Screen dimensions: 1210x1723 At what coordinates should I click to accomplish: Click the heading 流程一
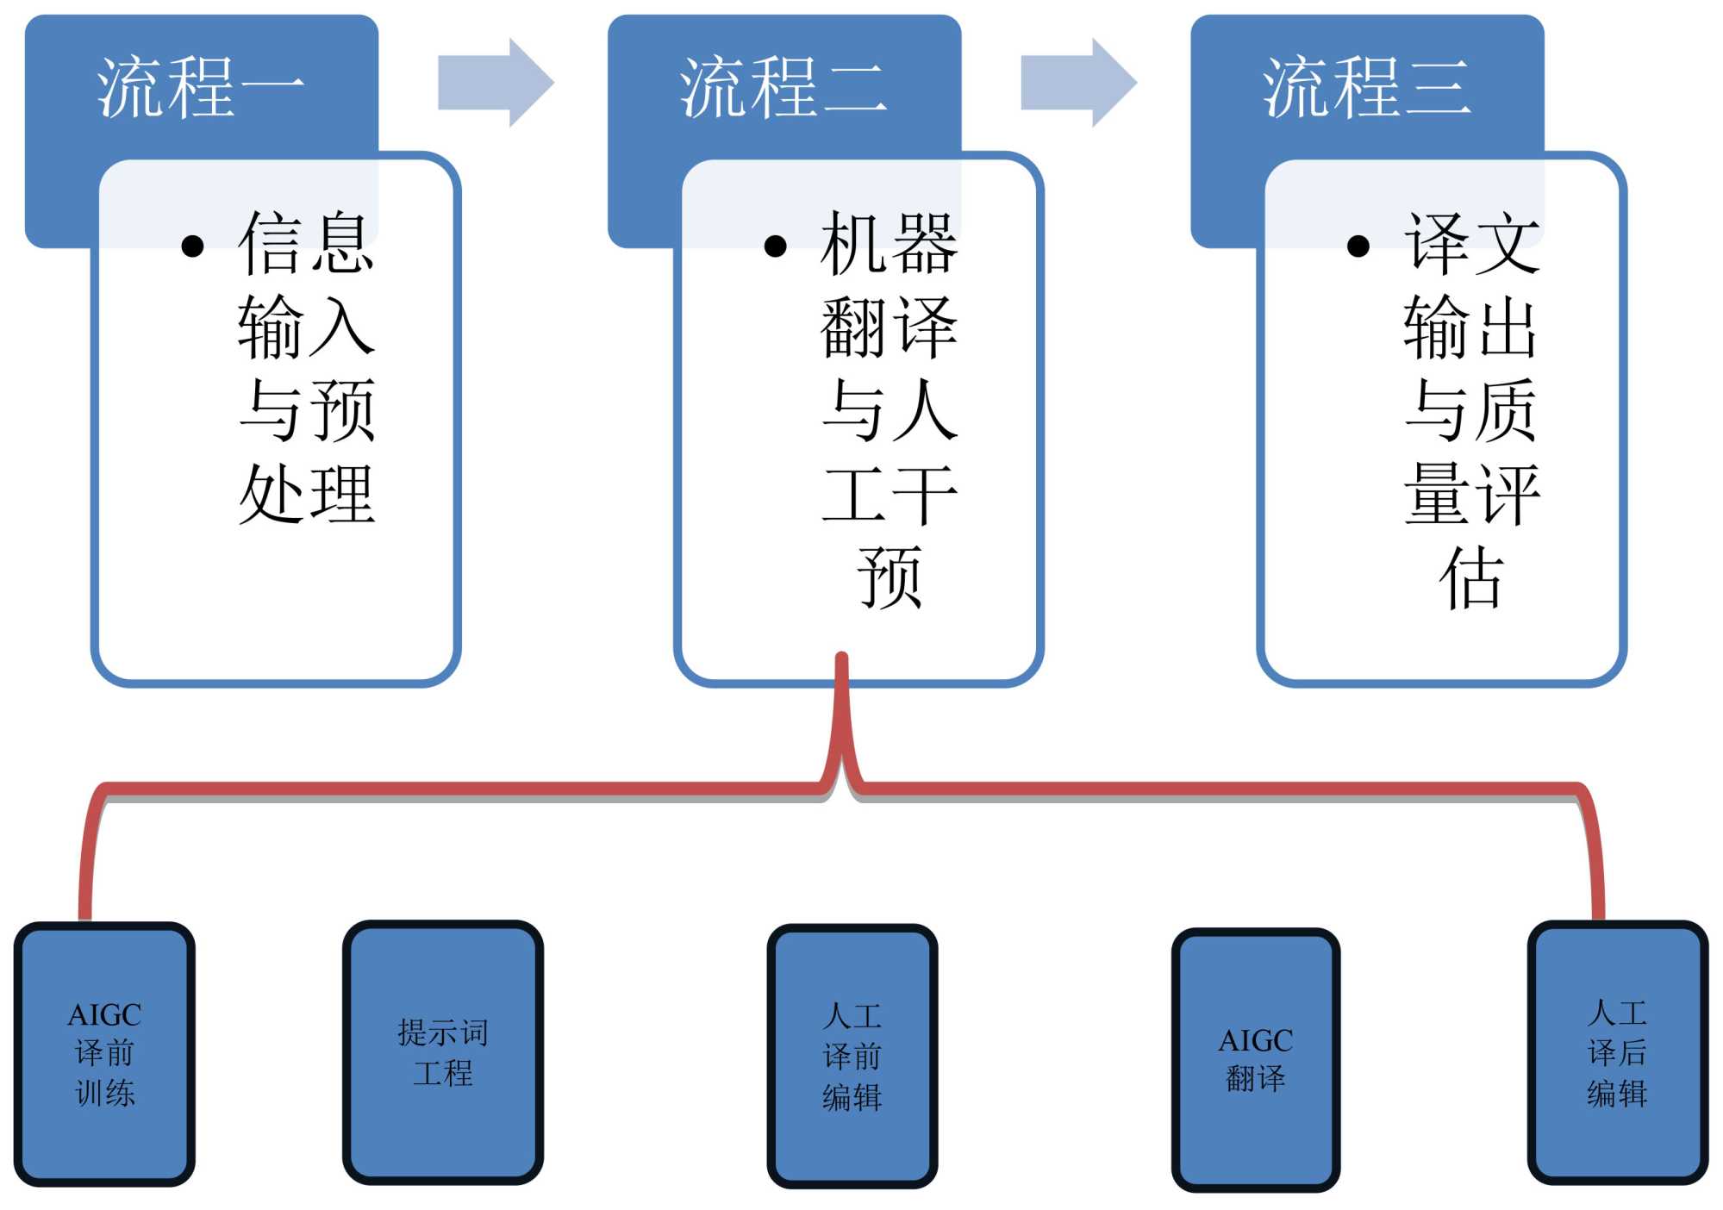point(200,86)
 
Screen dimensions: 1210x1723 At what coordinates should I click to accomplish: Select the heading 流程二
point(783,86)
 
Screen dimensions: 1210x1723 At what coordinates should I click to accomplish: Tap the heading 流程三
point(1366,86)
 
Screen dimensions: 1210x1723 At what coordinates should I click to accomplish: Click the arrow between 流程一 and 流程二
point(496,83)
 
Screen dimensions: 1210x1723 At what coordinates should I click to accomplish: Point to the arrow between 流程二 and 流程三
point(1078,83)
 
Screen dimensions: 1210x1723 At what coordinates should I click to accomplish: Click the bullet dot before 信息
point(193,246)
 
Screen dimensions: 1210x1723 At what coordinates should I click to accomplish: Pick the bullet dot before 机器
point(776,246)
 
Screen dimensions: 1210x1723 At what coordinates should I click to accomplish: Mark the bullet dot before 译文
point(1358,246)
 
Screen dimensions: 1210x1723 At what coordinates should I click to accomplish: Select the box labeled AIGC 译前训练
point(104,1053)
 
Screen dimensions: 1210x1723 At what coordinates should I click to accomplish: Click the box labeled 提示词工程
point(443,1051)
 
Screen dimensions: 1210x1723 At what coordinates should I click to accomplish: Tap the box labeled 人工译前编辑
point(852,1056)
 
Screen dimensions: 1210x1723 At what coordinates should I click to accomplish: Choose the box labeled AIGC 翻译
point(1255,1059)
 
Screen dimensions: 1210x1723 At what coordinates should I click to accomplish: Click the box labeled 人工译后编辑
point(1617,1052)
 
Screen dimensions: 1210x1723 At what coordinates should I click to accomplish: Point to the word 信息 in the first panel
point(306,244)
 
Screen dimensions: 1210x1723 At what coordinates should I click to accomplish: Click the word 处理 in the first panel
point(306,495)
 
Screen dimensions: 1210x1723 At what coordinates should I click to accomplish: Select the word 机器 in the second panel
point(889,244)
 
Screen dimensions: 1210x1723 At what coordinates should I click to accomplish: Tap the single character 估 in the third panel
point(1470,577)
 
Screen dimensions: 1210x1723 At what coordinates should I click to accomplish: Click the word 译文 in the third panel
point(1471,244)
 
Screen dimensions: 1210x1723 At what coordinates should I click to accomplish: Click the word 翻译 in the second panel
point(889,327)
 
